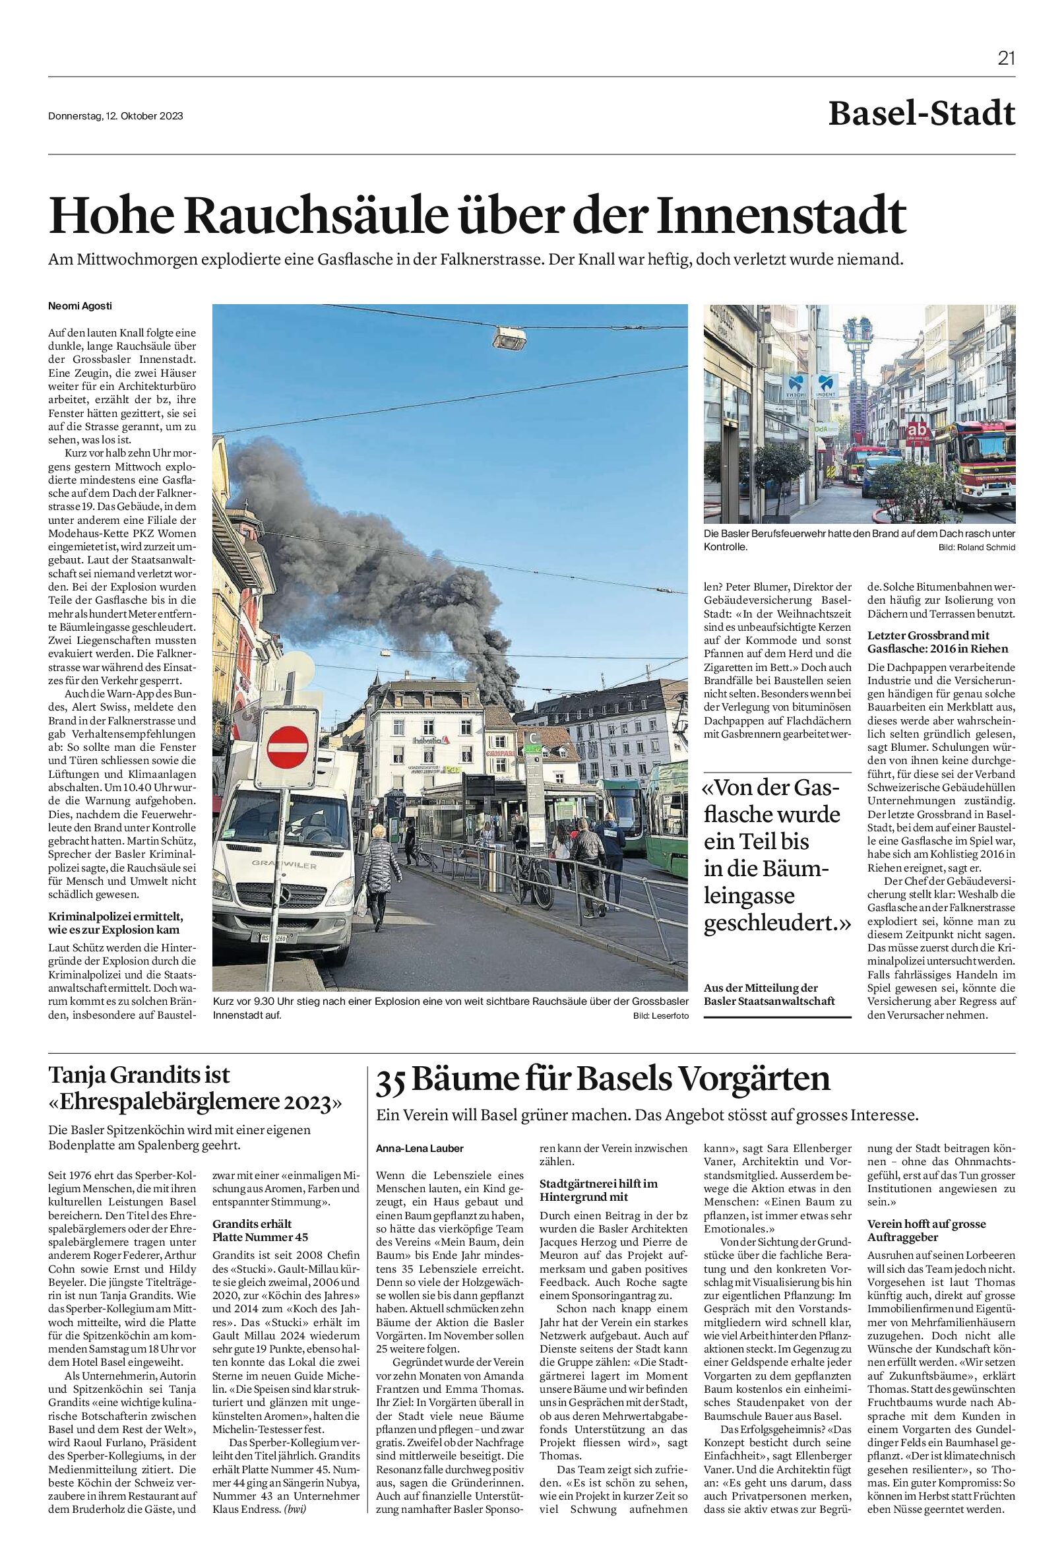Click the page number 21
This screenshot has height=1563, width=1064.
(x=1005, y=59)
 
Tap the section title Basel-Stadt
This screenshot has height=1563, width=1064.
(x=921, y=114)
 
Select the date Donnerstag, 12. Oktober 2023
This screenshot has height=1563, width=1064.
(x=115, y=115)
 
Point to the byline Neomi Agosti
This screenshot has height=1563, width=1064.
(x=80, y=306)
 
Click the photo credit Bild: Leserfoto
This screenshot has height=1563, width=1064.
(x=660, y=1015)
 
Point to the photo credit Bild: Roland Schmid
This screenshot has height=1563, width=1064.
(x=976, y=548)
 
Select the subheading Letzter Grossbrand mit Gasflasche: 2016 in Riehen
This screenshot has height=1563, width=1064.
(x=937, y=641)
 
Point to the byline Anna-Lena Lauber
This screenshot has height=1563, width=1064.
(x=420, y=1149)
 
